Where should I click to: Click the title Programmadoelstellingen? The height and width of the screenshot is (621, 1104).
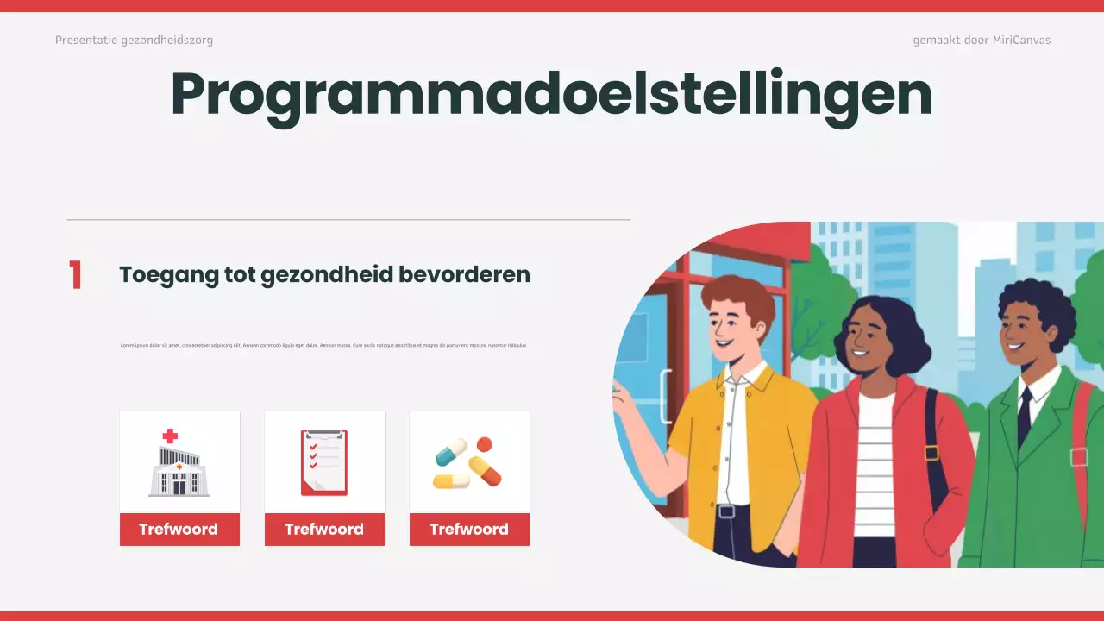(x=551, y=95)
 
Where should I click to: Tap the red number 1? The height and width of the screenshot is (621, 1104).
(x=76, y=275)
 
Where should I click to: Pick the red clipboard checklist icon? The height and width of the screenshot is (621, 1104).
(x=324, y=462)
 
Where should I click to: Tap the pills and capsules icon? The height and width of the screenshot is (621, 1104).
(x=468, y=463)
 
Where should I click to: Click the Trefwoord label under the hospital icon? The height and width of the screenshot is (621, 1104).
(x=179, y=530)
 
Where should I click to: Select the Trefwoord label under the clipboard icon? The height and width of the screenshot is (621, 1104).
(x=324, y=530)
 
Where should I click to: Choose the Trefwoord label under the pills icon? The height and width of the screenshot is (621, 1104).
(x=469, y=530)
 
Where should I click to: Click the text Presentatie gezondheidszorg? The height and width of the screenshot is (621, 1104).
(x=134, y=40)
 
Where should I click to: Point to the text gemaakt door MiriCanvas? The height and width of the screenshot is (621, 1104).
(x=982, y=40)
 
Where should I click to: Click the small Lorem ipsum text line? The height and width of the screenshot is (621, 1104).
(x=323, y=345)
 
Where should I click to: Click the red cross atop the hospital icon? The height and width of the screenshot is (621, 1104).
(x=170, y=436)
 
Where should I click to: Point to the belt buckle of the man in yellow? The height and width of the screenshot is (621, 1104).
(x=726, y=511)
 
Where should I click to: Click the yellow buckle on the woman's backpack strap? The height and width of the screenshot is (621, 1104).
(x=931, y=452)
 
